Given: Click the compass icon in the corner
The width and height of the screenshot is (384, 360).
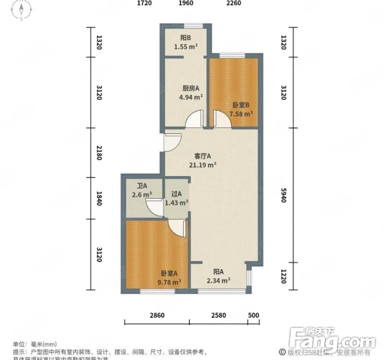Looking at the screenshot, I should click(22, 11).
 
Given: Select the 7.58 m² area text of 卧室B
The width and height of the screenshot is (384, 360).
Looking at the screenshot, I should click(241, 114).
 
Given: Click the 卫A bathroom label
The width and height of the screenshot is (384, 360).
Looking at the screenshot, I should click(142, 186).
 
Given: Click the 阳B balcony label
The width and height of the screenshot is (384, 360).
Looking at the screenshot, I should click(186, 38).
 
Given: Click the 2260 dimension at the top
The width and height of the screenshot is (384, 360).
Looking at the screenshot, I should click(233, 3).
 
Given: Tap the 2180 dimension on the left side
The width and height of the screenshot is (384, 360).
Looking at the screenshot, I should click(99, 152).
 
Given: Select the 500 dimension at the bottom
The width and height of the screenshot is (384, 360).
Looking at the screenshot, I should click(254, 315).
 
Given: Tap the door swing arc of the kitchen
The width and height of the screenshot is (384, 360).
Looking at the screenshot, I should click(195, 119).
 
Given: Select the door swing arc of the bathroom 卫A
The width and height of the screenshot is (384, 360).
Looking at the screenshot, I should click(155, 208).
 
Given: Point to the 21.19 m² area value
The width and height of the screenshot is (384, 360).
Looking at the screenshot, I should click(202, 164).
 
